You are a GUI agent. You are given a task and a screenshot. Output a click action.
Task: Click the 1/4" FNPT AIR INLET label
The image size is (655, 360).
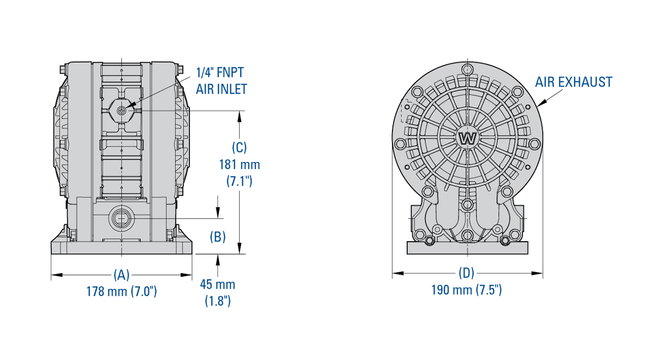[221, 80]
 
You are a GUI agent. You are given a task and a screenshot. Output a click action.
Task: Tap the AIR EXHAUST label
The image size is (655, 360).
[573, 82]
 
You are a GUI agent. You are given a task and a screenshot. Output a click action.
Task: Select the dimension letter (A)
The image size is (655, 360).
[121, 274]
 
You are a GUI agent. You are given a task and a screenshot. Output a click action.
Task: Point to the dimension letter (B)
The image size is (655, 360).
[218, 237]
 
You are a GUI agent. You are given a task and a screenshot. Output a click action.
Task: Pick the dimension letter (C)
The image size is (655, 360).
[239, 147]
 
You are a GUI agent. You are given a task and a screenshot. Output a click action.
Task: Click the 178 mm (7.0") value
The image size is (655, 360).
[121, 291]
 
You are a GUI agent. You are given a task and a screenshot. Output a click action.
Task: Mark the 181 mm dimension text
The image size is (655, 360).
[239, 164]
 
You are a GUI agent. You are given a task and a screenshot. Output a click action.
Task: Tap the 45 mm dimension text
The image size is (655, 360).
[217, 284]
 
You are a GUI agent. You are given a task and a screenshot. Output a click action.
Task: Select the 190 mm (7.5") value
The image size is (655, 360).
[466, 290]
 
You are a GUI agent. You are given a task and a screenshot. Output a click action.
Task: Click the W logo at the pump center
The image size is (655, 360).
[468, 138]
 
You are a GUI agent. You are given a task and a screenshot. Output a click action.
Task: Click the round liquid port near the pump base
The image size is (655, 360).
[121, 218]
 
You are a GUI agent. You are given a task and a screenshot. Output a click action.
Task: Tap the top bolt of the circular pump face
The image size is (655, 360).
[467, 69]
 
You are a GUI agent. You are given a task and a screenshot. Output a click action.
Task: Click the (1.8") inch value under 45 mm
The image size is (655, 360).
[217, 301]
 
